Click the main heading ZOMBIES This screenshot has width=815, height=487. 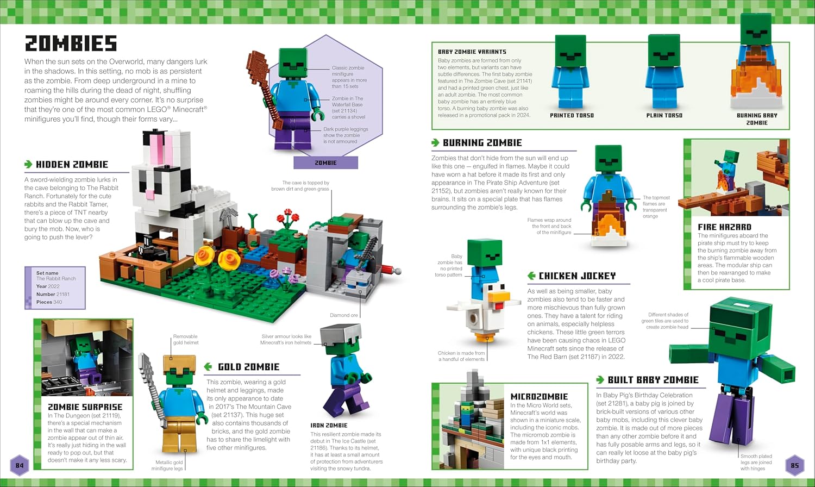(71, 43)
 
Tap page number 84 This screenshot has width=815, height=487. (20, 465)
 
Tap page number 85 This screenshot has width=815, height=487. (794, 465)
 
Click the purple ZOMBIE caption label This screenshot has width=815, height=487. (325, 163)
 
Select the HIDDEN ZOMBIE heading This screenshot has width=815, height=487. (72, 164)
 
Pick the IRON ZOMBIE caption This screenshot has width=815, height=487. (329, 425)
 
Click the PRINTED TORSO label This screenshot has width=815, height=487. (572, 115)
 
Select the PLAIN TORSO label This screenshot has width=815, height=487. (664, 115)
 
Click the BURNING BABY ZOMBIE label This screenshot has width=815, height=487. (757, 119)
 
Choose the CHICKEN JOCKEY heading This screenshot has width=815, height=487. (577, 276)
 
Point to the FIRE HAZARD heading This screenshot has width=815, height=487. (724, 227)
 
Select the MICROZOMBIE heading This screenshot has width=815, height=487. (539, 397)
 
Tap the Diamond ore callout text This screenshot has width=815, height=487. (344, 315)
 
